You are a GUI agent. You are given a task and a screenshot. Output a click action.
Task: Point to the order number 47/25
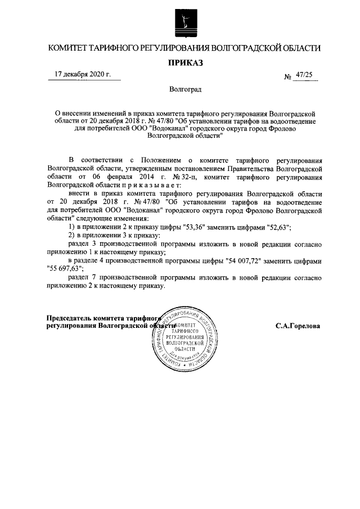tap(305, 74)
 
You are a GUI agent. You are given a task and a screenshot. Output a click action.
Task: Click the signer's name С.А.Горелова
tap(298, 326)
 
